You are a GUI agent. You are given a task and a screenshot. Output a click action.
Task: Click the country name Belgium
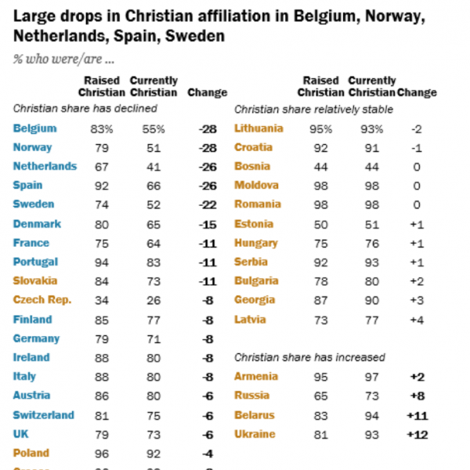coord(34,128)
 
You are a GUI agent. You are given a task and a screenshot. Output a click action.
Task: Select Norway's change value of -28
coord(208,147)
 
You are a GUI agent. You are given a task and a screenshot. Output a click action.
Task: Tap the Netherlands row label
coord(45,166)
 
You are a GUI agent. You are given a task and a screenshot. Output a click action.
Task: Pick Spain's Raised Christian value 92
coord(101,186)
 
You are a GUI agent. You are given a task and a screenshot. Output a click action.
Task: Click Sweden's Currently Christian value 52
coord(154,204)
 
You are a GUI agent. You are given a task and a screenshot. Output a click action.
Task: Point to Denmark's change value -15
coord(208,224)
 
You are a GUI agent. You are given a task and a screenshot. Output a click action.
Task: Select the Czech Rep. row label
coord(42,300)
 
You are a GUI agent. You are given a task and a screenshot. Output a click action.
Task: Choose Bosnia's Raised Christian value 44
coord(321,166)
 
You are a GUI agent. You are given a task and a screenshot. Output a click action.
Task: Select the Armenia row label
coord(257,377)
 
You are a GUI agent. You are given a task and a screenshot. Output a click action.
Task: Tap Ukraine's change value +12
coord(420,434)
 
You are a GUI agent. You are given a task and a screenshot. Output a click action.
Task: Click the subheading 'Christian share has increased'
coord(310,357)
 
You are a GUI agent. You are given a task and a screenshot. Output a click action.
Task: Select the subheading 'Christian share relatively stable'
coord(313,109)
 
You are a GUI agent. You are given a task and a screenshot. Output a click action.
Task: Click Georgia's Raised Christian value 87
coord(321,300)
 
